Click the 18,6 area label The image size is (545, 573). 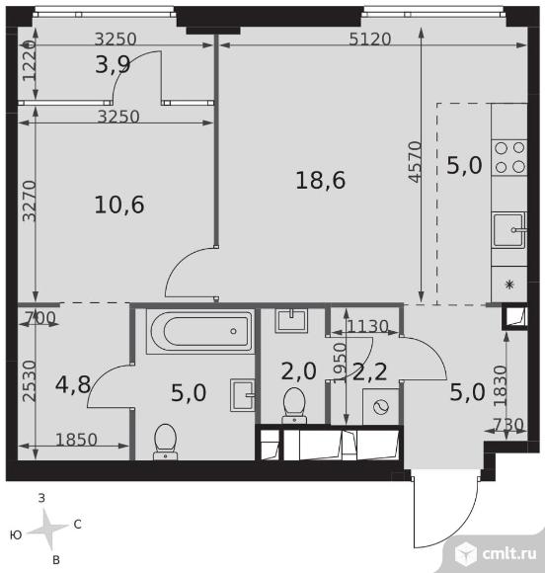click(x=320, y=181)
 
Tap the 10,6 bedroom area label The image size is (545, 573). click(x=119, y=205)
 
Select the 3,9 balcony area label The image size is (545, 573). click(x=113, y=65)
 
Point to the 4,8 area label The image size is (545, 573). click(x=73, y=384)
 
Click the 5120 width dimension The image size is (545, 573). click(x=369, y=40)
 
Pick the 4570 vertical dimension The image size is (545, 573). click(x=416, y=161)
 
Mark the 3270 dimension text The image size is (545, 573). click(x=30, y=201)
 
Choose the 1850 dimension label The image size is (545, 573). click(x=76, y=440)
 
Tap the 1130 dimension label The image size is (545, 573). click(x=367, y=326)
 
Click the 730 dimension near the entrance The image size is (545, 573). click(x=508, y=425)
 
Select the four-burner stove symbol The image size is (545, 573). click(x=509, y=157)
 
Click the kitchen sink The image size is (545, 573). click(x=508, y=230)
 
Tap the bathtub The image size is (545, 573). click(x=199, y=331)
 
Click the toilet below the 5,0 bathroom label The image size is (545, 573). click(x=166, y=442)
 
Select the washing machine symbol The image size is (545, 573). click(x=381, y=407)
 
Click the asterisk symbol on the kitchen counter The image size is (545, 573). click(x=509, y=284)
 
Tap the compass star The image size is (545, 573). click(x=47, y=530)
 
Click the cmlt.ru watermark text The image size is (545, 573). click(x=509, y=553)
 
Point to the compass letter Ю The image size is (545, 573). click(x=16, y=535)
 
